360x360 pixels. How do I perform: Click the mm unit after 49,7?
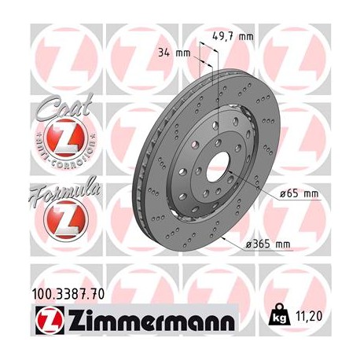pyautogui.click(x=246, y=34)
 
